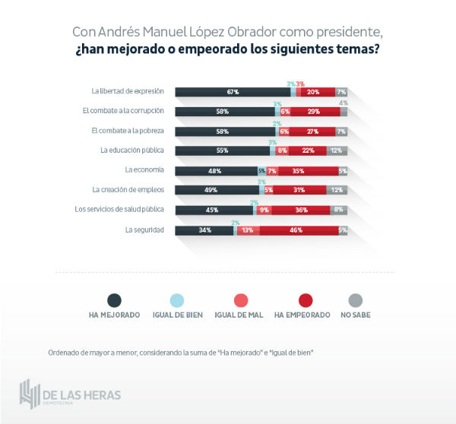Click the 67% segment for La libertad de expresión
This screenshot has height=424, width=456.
(x=233, y=92)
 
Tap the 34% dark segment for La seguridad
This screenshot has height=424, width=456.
(x=204, y=229)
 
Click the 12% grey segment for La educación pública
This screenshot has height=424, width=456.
(x=337, y=150)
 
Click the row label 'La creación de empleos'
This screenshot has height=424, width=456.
(x=128, y=189)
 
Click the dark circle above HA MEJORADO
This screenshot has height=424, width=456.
(x=114, y=299)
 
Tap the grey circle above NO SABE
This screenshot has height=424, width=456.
(x=354, y=299)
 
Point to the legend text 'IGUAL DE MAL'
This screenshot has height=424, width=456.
(x=239, y=315)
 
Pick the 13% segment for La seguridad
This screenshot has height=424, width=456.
(x=248, y=229)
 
